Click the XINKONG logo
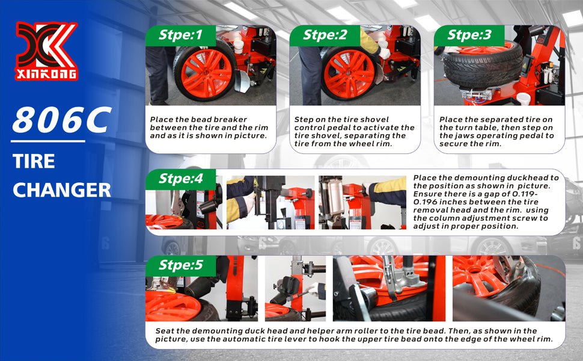click(46, 51)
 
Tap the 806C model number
click(62, 120)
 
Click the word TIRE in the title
click(34, 161)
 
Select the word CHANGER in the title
click(62, 190)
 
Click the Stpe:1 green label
click(180, 35)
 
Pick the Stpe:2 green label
click(325, 35)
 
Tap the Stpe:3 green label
click(469, 35)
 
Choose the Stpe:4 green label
click(180, 179)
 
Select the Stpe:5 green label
click(180, 265)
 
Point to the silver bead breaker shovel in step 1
click(242, 81)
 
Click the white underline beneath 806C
click(48, 141)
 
